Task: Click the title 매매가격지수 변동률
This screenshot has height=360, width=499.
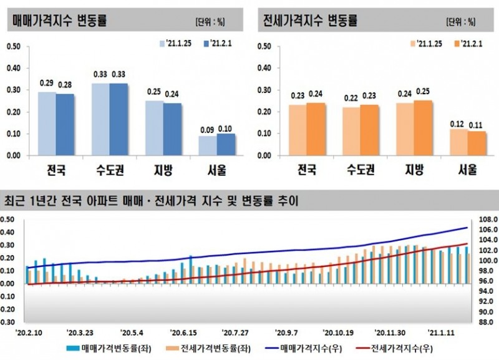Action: (x=60, y=20)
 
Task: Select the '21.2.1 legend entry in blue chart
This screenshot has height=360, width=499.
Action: (x=218, y=43)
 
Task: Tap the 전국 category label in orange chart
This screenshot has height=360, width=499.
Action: (x=307, y=169)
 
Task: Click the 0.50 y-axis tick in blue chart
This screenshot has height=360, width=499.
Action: (x=14, y=46)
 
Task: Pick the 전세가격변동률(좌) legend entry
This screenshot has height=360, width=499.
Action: (x=199, y=348)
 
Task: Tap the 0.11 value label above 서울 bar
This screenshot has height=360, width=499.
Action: (x=477, y=124)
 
